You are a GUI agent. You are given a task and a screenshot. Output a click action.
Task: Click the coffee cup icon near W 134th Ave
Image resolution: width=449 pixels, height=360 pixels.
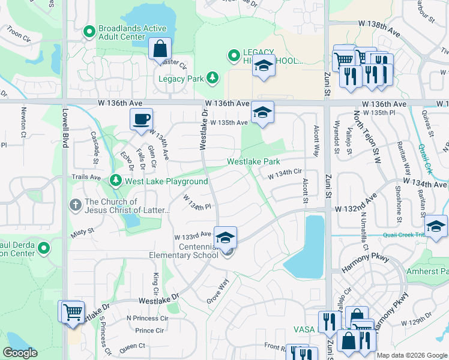(x=141, y=118)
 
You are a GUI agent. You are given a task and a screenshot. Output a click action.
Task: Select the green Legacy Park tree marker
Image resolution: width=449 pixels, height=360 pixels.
(x=211, y=78)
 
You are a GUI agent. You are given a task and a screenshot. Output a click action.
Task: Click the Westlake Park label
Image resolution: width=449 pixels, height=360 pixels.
(x=253, y=162)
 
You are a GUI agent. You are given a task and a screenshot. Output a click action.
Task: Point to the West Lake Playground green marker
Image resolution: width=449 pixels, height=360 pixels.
(x=116, y=181)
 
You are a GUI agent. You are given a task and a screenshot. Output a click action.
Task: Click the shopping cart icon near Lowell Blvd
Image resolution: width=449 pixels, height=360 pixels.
(x=72, y=311)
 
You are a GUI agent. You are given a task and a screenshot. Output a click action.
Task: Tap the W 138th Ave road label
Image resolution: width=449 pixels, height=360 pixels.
(x=379, y=23)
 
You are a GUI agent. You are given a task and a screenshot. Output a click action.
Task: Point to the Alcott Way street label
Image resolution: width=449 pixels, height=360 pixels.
(x=316, y=142)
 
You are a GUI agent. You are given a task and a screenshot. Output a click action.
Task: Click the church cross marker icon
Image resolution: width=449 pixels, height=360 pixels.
(x=76, y=206)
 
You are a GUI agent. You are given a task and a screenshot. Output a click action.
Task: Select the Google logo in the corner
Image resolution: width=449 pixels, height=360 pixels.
(x=20, y=353)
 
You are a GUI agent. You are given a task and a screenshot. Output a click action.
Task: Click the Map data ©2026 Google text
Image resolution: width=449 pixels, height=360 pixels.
(x=412, y=355)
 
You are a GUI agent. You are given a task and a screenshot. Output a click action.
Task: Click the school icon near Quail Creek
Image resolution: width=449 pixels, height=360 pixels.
(x=436, y=225)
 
